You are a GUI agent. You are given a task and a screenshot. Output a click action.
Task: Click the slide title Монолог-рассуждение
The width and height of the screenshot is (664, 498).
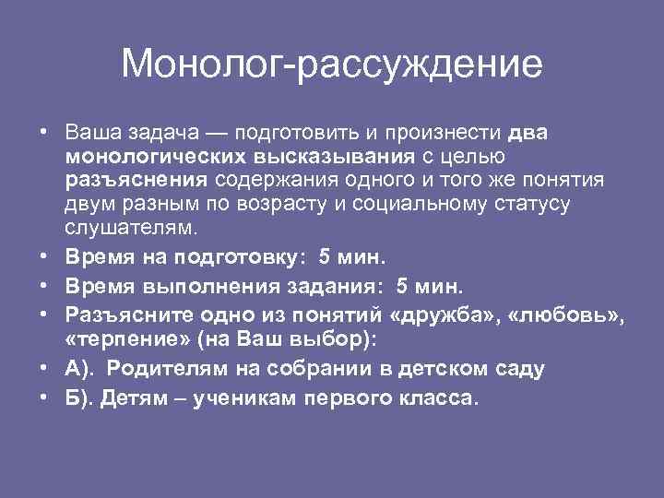point(332,65)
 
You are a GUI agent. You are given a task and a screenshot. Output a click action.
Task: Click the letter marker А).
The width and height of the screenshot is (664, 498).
point(77,369)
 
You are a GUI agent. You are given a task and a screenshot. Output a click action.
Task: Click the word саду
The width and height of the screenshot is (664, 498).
point(523,369)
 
